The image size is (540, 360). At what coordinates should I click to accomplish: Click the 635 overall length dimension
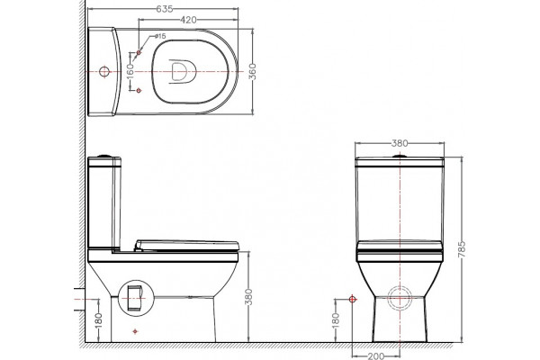tap(165, 9)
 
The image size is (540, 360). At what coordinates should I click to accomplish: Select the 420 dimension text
tap(188, 20)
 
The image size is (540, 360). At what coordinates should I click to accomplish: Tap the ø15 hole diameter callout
tap(160, 36)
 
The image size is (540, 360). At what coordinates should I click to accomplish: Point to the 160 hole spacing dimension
tap(130, 71)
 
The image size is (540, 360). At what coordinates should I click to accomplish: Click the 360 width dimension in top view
tap(253, 72)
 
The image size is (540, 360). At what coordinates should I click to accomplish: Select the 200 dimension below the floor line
tap(376, 355)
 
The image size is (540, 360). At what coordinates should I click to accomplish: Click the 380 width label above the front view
tap(400, 143)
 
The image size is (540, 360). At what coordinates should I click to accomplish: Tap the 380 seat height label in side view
tap(248, 297)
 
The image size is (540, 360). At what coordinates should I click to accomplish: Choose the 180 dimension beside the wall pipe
tap(98, 320)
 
